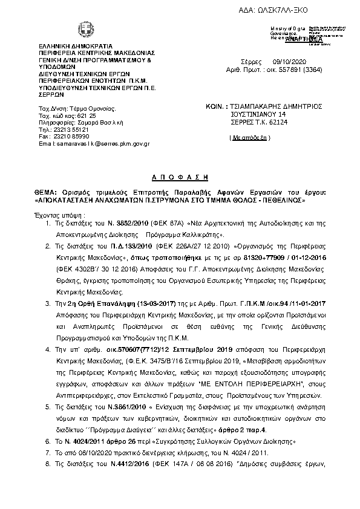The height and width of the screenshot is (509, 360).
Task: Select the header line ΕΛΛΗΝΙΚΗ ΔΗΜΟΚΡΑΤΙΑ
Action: click(74, 46)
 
